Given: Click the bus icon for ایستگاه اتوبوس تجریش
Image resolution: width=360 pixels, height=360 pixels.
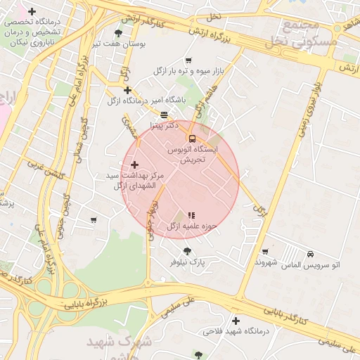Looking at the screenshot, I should [193, 138].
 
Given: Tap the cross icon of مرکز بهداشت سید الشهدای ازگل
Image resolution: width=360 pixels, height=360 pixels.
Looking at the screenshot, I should [135, 164].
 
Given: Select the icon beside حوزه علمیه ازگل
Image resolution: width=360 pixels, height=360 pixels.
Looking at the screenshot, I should [191, 215].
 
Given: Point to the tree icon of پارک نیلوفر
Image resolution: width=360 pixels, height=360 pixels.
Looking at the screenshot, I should [186, 251].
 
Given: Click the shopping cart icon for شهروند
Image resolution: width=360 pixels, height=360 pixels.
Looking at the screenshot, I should [265, 252].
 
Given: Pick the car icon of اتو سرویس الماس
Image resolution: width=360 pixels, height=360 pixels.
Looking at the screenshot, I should [310, 254].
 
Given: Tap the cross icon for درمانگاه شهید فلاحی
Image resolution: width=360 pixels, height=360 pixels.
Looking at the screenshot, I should [236, 320].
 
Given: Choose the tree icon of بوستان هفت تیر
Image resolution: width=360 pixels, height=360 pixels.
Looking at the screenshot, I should [118, 32].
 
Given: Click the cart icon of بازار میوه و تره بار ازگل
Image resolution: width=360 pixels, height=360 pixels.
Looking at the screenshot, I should [188, 60].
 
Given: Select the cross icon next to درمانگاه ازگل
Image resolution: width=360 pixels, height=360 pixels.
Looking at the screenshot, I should [127, 90].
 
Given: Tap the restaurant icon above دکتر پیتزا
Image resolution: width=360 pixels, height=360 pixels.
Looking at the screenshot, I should [164, 115].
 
